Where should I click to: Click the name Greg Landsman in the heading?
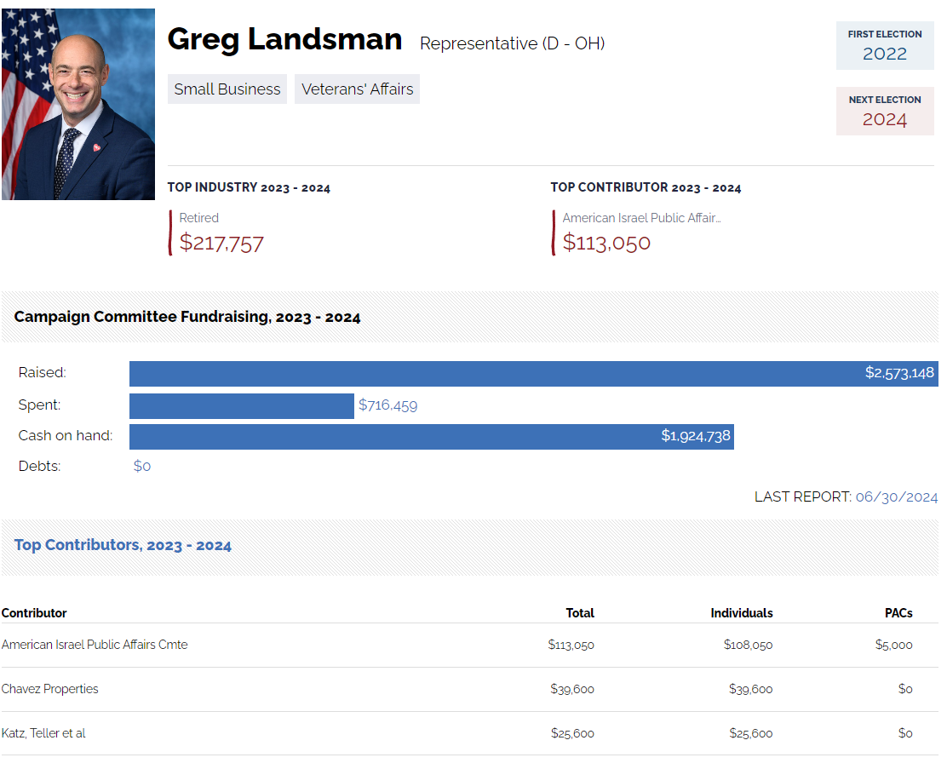tap(284, 39)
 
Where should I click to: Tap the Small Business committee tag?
tap(227, 89)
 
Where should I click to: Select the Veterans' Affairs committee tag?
tap(357, 89)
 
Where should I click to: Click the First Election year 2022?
tap(885, 54)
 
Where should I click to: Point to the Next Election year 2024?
tap(885, 119)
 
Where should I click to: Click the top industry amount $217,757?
tap(221, 244)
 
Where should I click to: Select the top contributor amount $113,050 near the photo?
tap(606, 244)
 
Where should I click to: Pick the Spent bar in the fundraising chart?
tap(241, 405)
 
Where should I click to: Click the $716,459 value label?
tap(387, 405)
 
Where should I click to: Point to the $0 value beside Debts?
tap(142, 467)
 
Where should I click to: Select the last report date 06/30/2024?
tap(897, 497)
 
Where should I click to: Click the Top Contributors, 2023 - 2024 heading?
tap(123, 545)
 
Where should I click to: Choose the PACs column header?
tap(898, 613)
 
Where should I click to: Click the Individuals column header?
tap(742, 613)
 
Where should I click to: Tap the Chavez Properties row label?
tap(50, 689)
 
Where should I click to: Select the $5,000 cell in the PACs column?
tap(893, 645)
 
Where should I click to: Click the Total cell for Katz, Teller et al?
tap(572, 733)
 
